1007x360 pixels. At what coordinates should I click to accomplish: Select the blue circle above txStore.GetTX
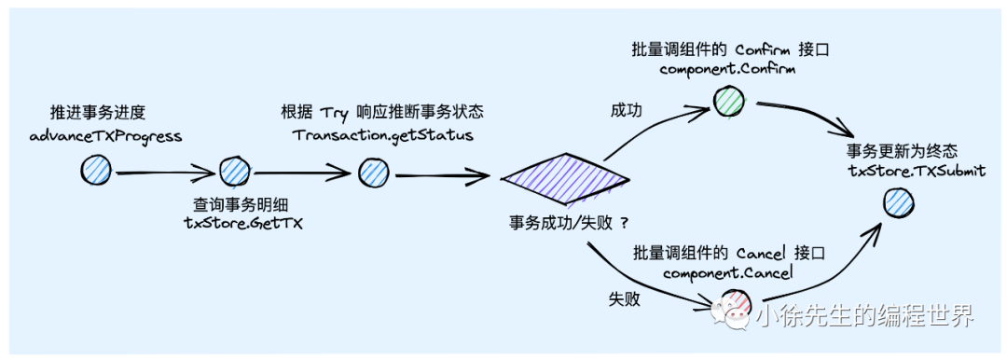pos(233,171)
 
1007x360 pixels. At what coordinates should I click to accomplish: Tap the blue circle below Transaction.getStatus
pos(371,171)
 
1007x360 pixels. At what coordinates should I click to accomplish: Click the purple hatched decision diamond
pos(565,175)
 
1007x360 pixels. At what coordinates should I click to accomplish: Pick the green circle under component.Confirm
pos(729,99)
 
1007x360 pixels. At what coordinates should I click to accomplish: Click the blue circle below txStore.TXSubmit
pos(896,200)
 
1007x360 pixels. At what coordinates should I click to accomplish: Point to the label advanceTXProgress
pos(105,136)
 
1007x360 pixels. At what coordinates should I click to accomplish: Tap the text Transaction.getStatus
pos(383,135)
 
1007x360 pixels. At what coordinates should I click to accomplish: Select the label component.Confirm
pos(727,69)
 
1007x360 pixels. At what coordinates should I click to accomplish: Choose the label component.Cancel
pos(727,272)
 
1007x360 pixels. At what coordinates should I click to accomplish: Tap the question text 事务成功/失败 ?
pos(568,222)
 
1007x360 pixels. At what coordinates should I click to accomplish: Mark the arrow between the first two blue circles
pos(164,173)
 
